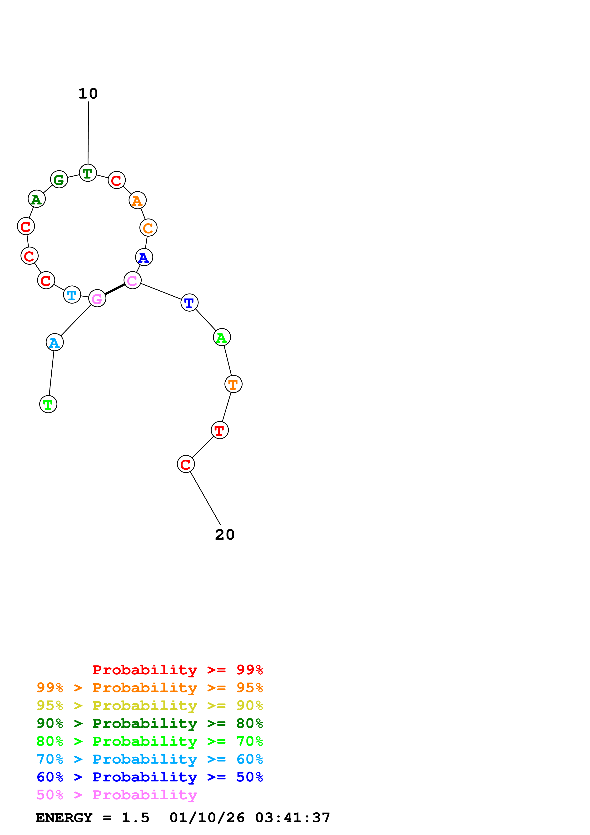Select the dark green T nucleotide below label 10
point(88,173)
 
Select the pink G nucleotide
point(97,298)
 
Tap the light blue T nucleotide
point(72,295)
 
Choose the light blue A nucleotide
point(55,342)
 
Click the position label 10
point(88,94)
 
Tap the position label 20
point(225,535)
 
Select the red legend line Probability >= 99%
point(177,670)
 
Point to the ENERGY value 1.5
point(135,818)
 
